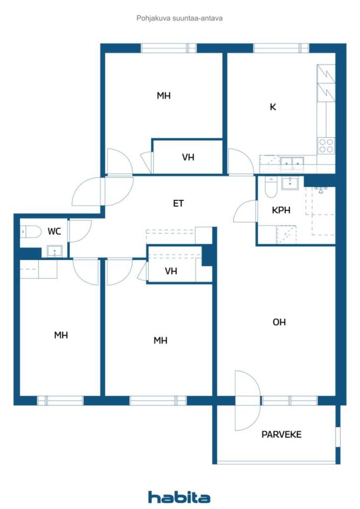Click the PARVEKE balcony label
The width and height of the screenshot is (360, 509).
pos(281,434)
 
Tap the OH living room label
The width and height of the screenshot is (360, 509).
pos(279,322)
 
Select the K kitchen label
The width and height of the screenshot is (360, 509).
pos(273,106)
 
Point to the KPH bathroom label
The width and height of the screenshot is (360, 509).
pos(281,210)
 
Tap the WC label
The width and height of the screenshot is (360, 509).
pos(54,231)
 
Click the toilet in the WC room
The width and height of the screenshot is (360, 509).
pos(31,232)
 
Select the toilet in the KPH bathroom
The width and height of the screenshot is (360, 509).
pos(271,188)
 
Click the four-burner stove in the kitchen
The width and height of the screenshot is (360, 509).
pos(326,145)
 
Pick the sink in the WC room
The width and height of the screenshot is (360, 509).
pos(54,251)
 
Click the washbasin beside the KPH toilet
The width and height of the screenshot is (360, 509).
pos(290,183)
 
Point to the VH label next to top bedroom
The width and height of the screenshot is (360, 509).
pos(188,158)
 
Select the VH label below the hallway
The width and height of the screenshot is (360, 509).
pos(171,271)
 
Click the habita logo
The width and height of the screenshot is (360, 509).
pos(179,497)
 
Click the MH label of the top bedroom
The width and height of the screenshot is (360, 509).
pos(164,96)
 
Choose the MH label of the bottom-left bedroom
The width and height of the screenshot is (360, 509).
pos(61,336)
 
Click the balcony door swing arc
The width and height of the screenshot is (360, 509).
pos(248,400)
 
